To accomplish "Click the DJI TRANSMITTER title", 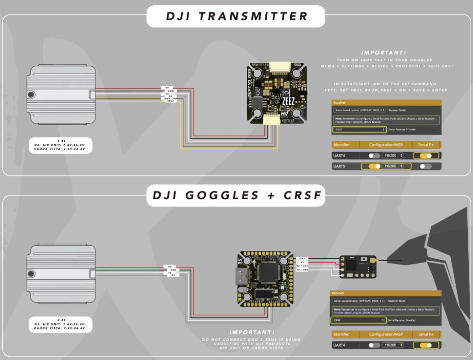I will tap(236, 16).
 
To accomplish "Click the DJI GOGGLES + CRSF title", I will tap(236, 196).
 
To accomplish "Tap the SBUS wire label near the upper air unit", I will tap(171, 101).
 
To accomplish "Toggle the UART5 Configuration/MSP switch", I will tap(375, 166).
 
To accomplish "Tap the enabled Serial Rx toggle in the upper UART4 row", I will tap(426, 156).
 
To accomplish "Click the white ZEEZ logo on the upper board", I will tap(288, 102).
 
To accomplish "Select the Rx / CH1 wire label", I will tap(302, 266).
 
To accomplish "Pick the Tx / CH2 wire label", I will tap(302, 270).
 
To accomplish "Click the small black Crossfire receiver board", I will tap(357, 266).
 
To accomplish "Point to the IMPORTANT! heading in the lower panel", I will tap(252, 332).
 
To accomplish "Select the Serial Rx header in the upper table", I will tap(426, 145).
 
